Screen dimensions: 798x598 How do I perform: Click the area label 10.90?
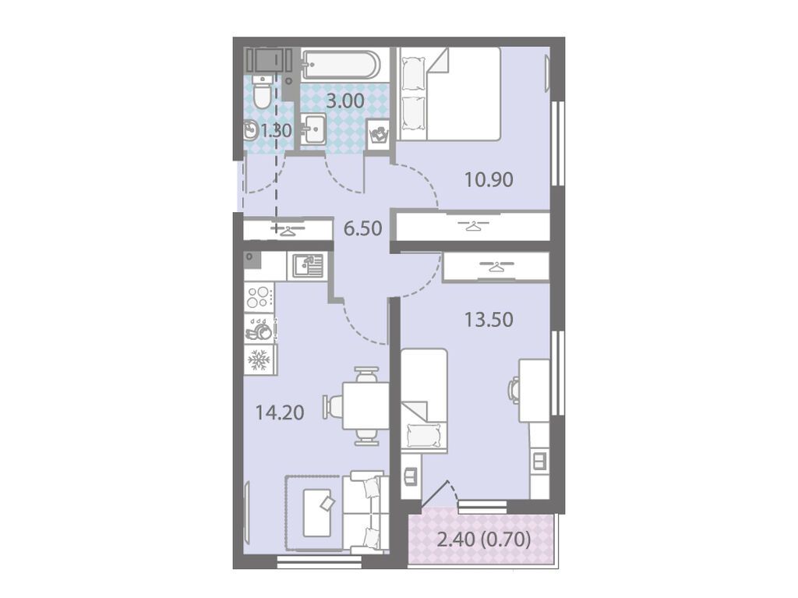point(489,180)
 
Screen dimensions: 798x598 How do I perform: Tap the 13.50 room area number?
point(489,320)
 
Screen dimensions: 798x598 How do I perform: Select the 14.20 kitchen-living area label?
point(280,412)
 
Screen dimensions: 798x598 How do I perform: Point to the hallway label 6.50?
point(362,228)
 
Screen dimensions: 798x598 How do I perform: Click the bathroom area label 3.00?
point(345,101)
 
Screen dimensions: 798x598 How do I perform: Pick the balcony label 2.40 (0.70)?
point(484,539)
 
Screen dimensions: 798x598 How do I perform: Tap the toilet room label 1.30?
point(277,131)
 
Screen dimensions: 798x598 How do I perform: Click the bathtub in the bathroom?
point(340,64)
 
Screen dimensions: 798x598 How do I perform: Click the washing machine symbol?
point(378,134)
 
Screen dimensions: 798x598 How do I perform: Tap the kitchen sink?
point(308,266)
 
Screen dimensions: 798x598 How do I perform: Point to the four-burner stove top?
point(259,298)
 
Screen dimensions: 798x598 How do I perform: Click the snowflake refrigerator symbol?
point(259,360)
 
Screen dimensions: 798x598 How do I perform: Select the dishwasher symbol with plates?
point(260,328)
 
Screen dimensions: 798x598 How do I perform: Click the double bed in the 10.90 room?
point(448,94)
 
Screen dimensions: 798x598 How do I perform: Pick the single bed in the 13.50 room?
point(424,401)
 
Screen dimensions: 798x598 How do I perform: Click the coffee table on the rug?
point(318,512)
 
